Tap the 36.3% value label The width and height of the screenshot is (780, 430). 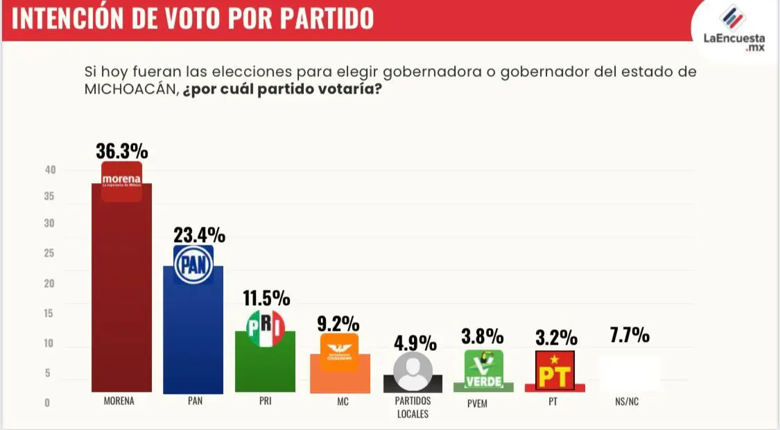point(122,151)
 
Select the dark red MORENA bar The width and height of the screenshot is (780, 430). point(122,298)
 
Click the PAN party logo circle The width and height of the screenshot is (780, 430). point(193,266)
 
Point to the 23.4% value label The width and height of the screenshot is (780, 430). point(198,235)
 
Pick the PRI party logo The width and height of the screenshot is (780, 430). point(266,329)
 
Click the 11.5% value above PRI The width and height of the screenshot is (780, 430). point(266,298)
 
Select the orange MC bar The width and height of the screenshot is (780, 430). point(339,375)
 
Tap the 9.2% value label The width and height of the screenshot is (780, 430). point(339,323)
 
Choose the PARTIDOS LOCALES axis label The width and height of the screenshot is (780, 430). point(413,407)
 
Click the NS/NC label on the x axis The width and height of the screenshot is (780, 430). point(627,402)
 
